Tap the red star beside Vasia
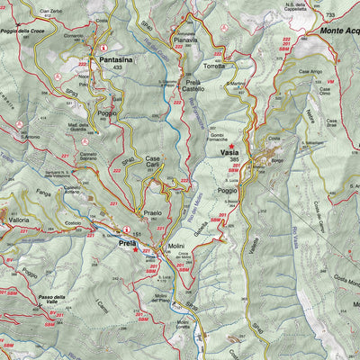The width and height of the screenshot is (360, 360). pos(231,146)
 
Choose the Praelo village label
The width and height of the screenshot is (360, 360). pos(153,213)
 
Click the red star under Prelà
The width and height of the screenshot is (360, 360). pos(135,251)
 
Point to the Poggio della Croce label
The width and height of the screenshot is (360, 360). pos(24,31)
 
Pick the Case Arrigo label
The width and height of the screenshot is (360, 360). pos(310,71)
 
